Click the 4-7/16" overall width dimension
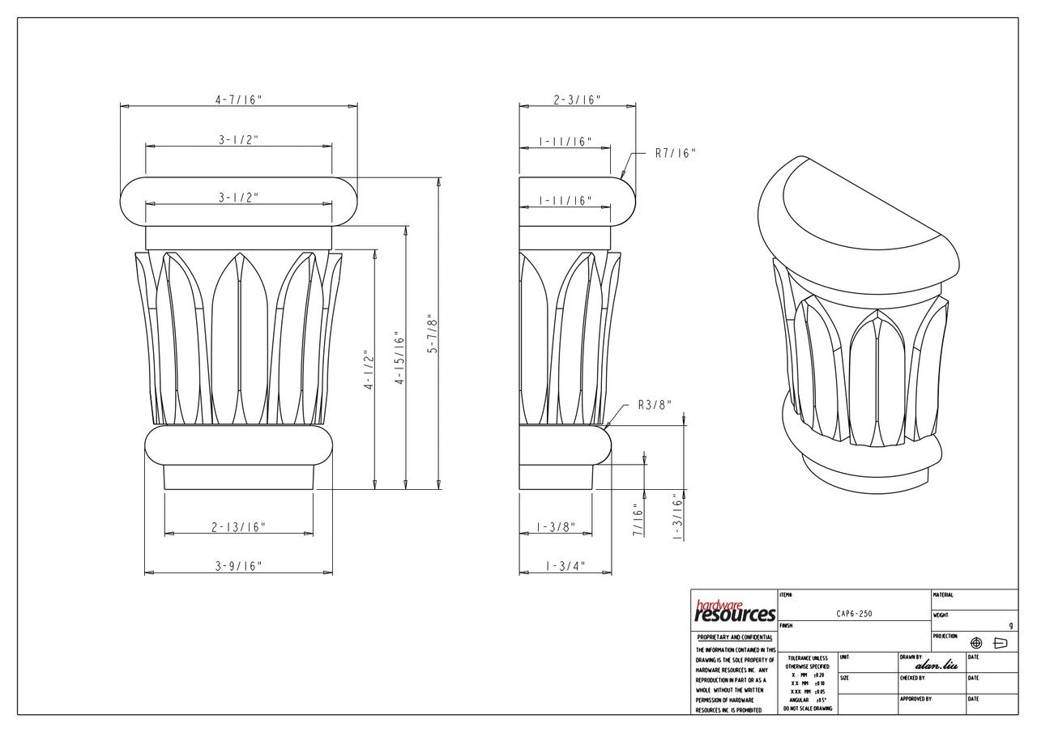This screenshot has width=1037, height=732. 238,100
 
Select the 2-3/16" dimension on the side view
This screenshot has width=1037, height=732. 576,100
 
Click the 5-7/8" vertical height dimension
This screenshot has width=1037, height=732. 433,334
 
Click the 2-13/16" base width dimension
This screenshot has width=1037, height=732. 239,527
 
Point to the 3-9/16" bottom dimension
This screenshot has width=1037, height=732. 238,566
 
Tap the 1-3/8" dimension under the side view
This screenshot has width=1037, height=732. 556,527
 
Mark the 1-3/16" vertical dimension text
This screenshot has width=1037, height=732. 679,518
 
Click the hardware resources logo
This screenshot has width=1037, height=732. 735,611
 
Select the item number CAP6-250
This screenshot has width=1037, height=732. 854,614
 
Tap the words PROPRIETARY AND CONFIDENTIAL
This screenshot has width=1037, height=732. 735,638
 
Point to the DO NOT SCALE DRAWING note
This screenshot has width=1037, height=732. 807,708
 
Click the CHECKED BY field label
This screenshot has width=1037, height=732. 911,678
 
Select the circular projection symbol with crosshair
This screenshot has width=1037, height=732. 976,643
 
